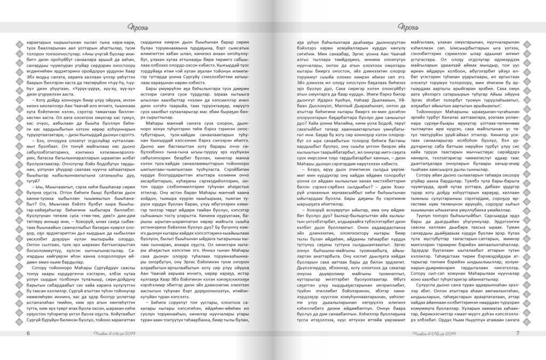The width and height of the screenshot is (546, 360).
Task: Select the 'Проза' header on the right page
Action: click(413, 28)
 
